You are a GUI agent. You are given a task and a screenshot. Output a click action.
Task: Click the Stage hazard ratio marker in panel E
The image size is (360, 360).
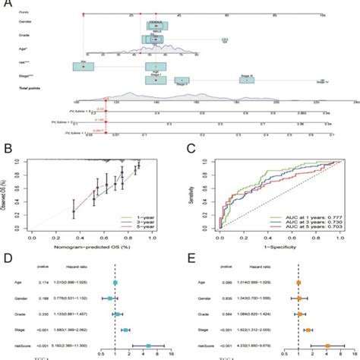[x=309, y=330]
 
